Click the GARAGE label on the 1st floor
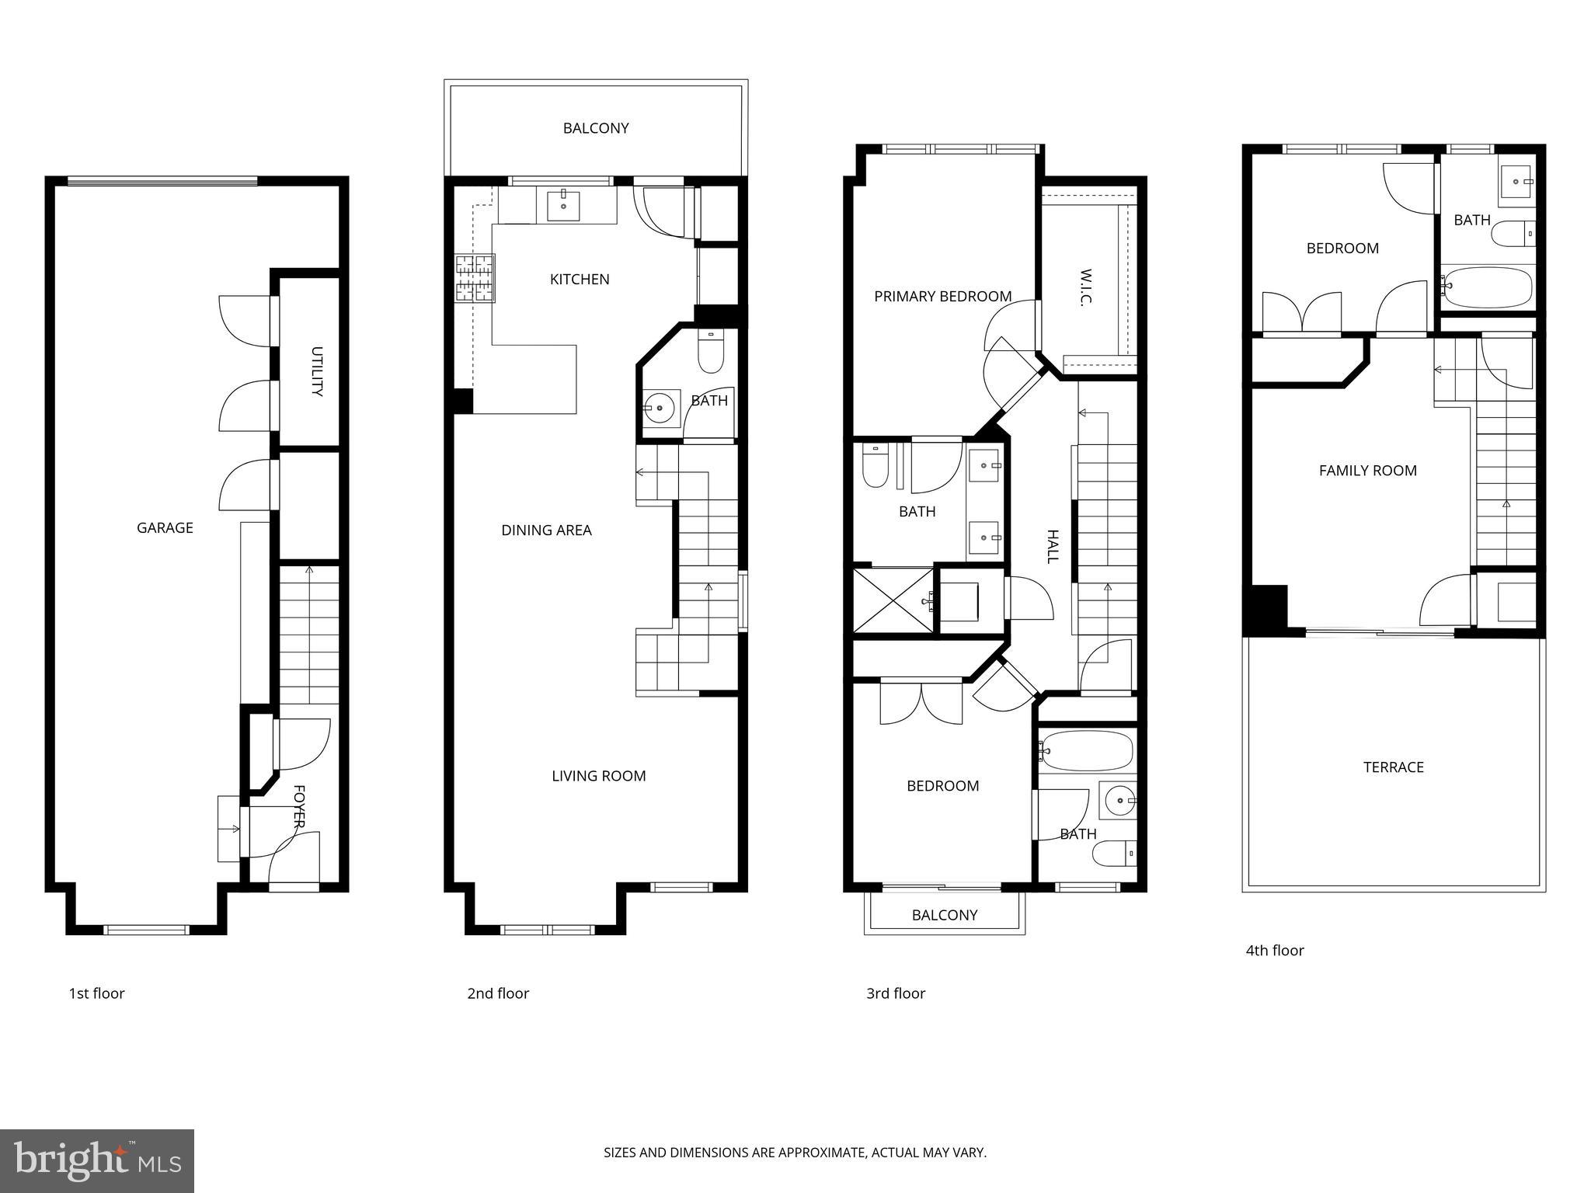pyautogui.click(x=165, y=528)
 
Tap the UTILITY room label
pyautogui.click(x=316, y=371)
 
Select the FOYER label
pyautogui.click(x=299, y=806)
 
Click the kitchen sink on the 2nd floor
pyautogui.click(x=563, y=205)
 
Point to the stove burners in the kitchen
pyautogui.click(x=475, y=278)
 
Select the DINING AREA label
pyautogui.click(x=546, y=530)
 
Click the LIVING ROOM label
pyautogui.click(x=598, y=776)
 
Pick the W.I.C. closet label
pyautogui.click(x=1086, y=288)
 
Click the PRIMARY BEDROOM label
pyautogui.click(x=942, y=296)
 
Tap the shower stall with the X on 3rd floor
pyautogui.click(x=892, y=601)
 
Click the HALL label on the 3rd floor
pyautogui.click(x=1053, y=546)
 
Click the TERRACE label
pyautogui.click(x=1393, y=767)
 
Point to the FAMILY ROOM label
pyautogui.click(x=1367, y=471)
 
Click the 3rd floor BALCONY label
pyautogui.click(x=944, y=915)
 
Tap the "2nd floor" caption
pyautogui.click(x=497, y=993)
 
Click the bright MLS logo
pyautogui.click(x=97, y=1161)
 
